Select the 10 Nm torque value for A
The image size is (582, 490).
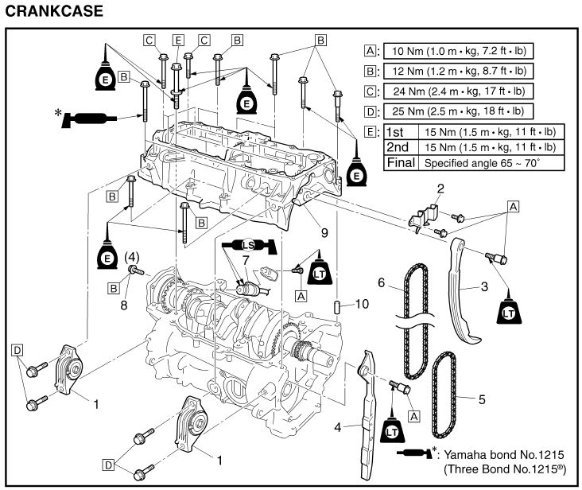457,50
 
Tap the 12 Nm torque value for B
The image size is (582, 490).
457,71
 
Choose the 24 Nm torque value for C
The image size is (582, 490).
457,91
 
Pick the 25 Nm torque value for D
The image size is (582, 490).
457,111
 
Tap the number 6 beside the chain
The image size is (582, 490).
382,283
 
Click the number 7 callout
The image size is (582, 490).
246,260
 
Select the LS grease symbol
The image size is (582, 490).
248,243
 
